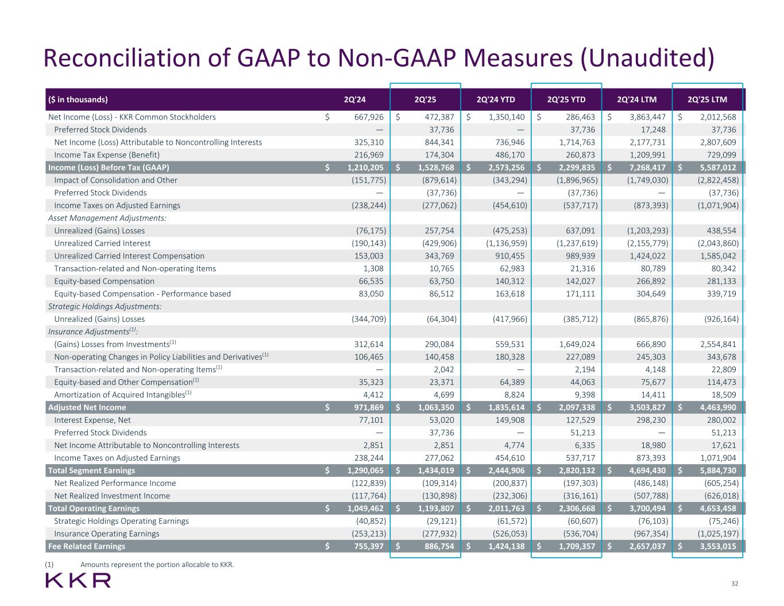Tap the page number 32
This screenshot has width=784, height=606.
[x=734, y=584]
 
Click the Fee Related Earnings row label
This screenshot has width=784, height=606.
[x=87, y=546]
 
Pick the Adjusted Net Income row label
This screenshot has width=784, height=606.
[x=87, y=407]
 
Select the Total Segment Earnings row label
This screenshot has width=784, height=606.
[x=92, y=470]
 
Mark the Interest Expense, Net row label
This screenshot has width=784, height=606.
[x=92, y=420]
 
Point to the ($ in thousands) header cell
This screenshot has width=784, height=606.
[x=78, y=99]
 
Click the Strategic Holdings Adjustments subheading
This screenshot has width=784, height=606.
[x=105, y=306]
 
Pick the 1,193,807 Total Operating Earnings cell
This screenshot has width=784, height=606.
[x=438, y=508]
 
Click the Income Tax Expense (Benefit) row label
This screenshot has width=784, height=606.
[x=107, y=155]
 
